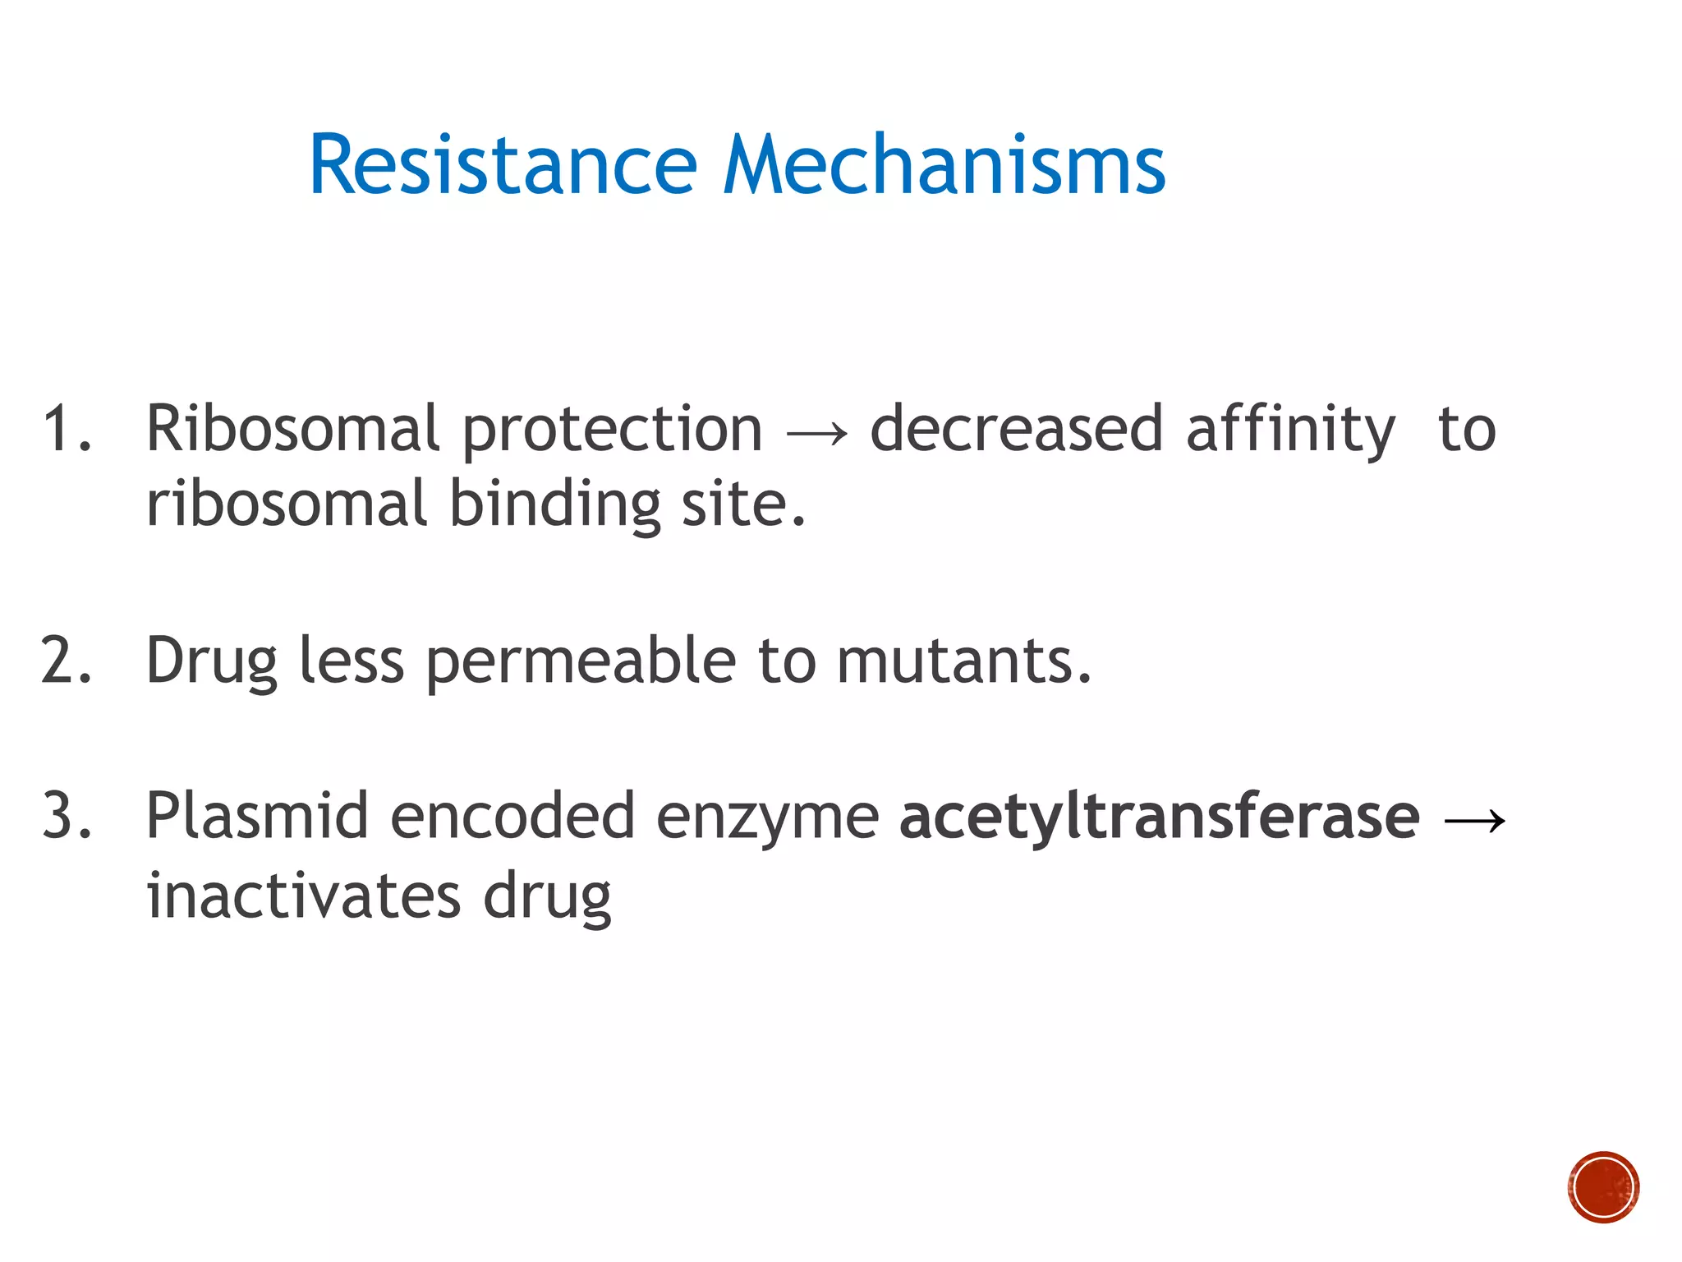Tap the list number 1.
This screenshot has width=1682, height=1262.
point(66,429)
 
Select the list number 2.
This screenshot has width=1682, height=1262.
point(66,661)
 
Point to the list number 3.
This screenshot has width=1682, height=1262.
point(66,817)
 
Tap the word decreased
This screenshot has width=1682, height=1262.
point(1017,429)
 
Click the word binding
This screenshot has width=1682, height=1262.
point(555,504)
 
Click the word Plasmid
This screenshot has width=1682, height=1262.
point(256,817)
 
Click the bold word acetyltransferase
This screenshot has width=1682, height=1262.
point(1159,817)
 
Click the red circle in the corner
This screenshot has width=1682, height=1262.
point(1603,1187)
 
